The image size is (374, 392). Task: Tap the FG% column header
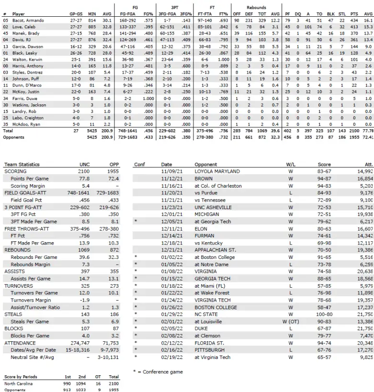pyautogui.click(x=149, y=14)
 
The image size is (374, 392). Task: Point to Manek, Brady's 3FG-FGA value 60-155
pyautogui.click(x=167, y=34)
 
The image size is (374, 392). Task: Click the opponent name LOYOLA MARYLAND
pyautogui.click(x=217, y=171)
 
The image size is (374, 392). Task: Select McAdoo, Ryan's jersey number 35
pyautogui.click(x=5, y=124)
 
